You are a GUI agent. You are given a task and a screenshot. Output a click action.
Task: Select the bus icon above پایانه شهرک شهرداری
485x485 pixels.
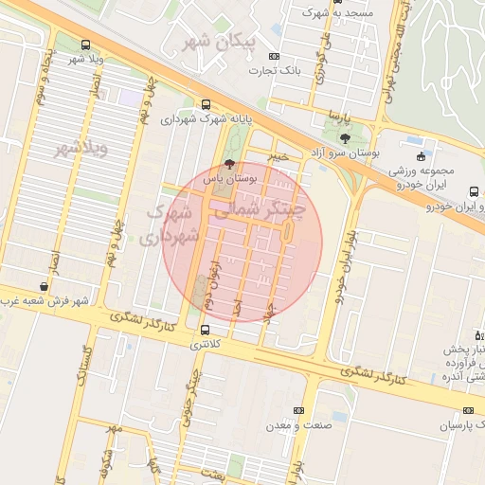207,106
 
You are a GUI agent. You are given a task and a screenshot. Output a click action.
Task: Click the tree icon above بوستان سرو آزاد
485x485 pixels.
343,138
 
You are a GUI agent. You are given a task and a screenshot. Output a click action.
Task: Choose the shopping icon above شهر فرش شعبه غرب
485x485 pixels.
45,286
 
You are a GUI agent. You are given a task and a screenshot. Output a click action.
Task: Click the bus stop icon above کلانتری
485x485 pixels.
206,330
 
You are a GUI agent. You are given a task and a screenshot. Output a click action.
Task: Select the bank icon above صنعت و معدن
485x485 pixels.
298,410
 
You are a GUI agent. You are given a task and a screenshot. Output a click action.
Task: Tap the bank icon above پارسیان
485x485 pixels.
467,410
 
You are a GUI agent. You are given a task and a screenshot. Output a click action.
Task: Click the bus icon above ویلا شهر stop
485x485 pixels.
87,45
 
